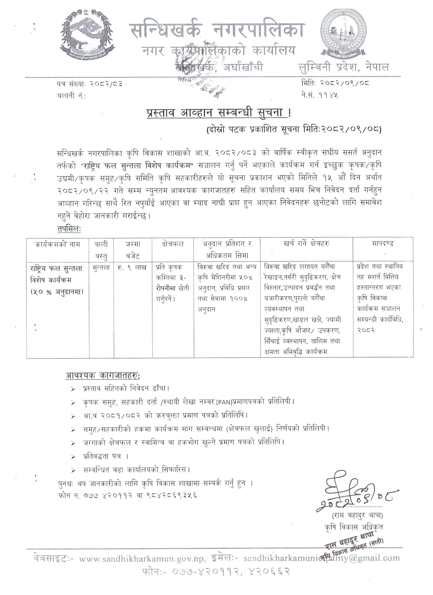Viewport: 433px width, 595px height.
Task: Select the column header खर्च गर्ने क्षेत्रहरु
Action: click(306, 244)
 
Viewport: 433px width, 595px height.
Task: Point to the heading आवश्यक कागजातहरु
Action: click(102, 376)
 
